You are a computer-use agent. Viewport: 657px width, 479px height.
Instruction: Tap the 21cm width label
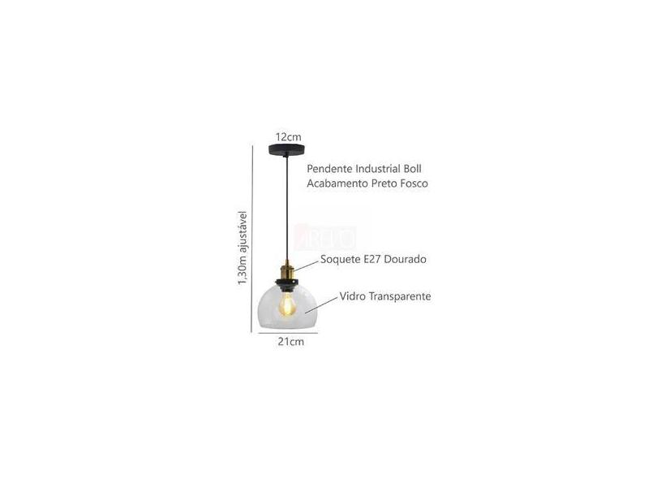[x=290, y=342]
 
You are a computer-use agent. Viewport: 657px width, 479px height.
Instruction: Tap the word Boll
[x=414, y=170]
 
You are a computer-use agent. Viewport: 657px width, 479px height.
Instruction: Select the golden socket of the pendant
[x=287, y=265]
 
